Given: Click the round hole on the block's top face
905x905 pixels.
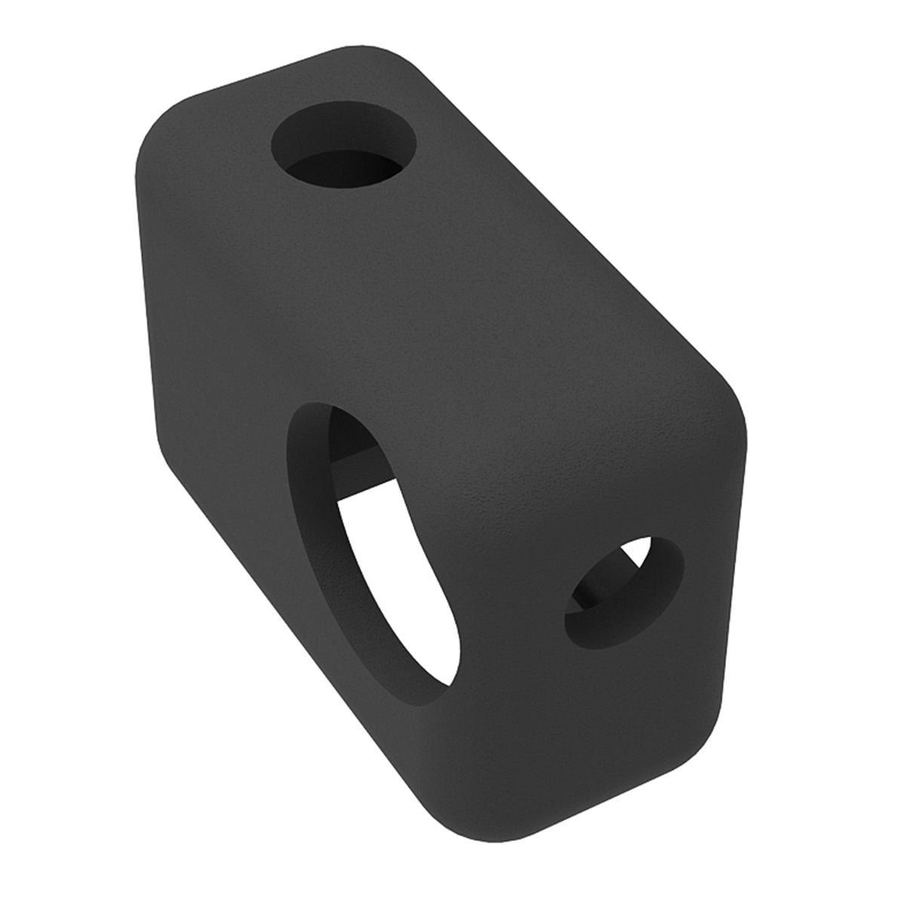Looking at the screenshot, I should pyautogui.click(x=343, y=151).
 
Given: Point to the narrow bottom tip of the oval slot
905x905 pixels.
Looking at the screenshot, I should pyautogui.click(x=445, y=679).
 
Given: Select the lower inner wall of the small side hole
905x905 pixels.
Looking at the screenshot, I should pyautogui.click(x=611, y=633).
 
